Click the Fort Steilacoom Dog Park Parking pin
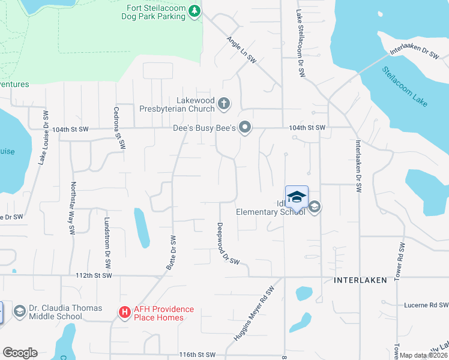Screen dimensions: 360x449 point(194,11)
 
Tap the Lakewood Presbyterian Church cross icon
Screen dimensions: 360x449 point(223,104)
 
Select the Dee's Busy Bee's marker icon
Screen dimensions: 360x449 point(244,127)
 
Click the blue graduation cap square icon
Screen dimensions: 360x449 point(297,197)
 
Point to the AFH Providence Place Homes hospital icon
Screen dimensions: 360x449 point(124,313)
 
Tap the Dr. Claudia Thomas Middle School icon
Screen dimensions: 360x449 point(20,311)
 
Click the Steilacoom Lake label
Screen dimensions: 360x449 point(405,86)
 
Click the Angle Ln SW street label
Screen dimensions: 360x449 point(242,50)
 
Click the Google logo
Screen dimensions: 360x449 point(20,353)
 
